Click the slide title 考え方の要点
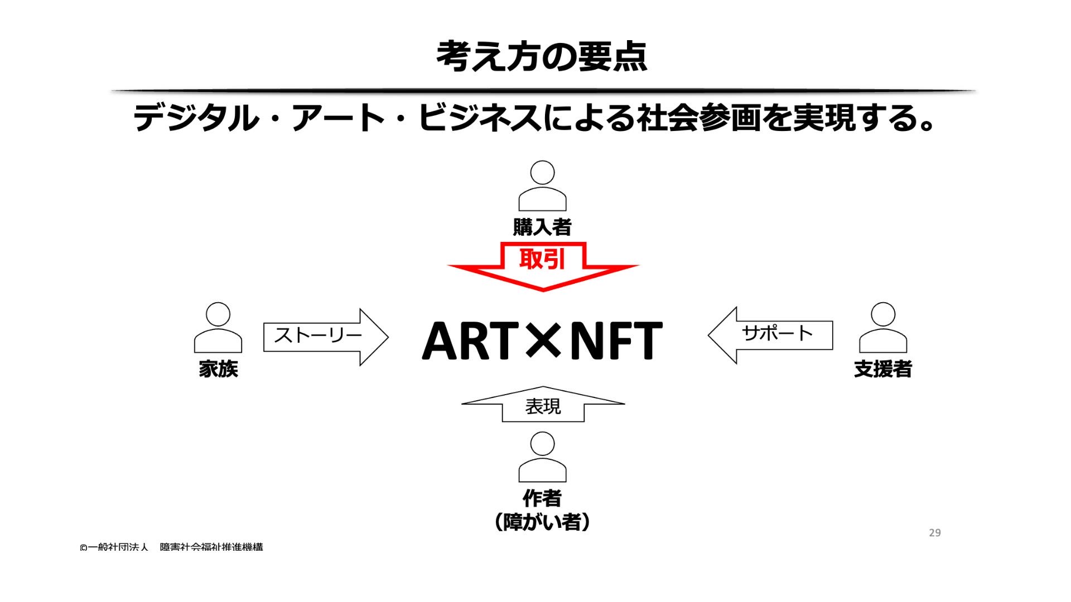click(x=541, y=56)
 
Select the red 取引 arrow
click(x=543, y=266)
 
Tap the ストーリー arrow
click(x=325, y=336)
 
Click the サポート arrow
click(x=771, y=334)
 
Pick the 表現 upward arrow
click(x=543, y=405)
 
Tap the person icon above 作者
click(x=542, y=457)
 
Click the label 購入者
click(x=542, y=227)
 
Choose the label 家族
click(x=218, y=369)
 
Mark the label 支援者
click(x=882, y=369)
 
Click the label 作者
click(x=542, y=498)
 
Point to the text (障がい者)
click(x=542, y=522)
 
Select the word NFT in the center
click(x=616, y=341)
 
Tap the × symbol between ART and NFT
click(x=543, y=339)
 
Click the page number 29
click(x=935, y=533)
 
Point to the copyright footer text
click(x=171, y=547)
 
